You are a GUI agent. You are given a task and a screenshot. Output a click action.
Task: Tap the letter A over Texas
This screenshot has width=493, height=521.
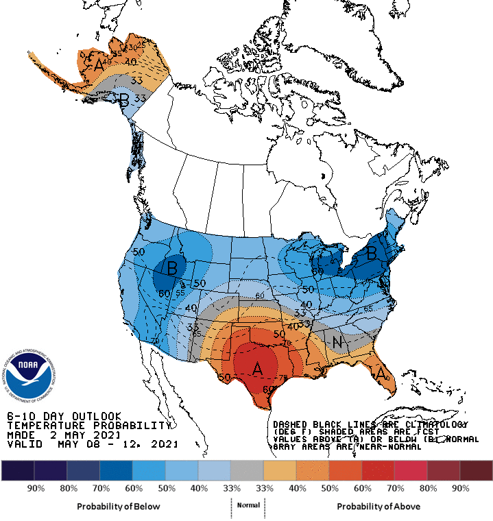[257, 369]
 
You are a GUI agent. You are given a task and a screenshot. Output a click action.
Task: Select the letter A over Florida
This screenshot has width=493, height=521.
[379, 374]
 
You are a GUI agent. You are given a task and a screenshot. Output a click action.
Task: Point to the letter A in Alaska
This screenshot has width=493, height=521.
[99, 65]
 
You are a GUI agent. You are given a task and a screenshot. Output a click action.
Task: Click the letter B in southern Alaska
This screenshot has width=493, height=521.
[124, 99]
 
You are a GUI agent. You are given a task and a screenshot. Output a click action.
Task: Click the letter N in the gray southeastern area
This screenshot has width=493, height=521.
[337, 341]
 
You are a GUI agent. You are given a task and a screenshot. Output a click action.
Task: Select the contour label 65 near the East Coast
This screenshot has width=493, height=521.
[387, 309]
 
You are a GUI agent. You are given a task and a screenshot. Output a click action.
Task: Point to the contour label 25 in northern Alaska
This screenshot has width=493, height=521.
[141, 45]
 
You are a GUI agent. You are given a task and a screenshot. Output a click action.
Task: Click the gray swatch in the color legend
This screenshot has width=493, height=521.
[246, 470]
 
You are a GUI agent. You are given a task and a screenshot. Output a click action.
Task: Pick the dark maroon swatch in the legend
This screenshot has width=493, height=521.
[476, 470]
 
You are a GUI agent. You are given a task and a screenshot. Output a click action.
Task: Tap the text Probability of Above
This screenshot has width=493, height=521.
[378, 506]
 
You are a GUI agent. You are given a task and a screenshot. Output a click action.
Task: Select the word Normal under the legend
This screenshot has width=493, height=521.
[248, 505]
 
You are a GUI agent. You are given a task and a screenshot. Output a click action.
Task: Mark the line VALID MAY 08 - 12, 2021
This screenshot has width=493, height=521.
[92, 444]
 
